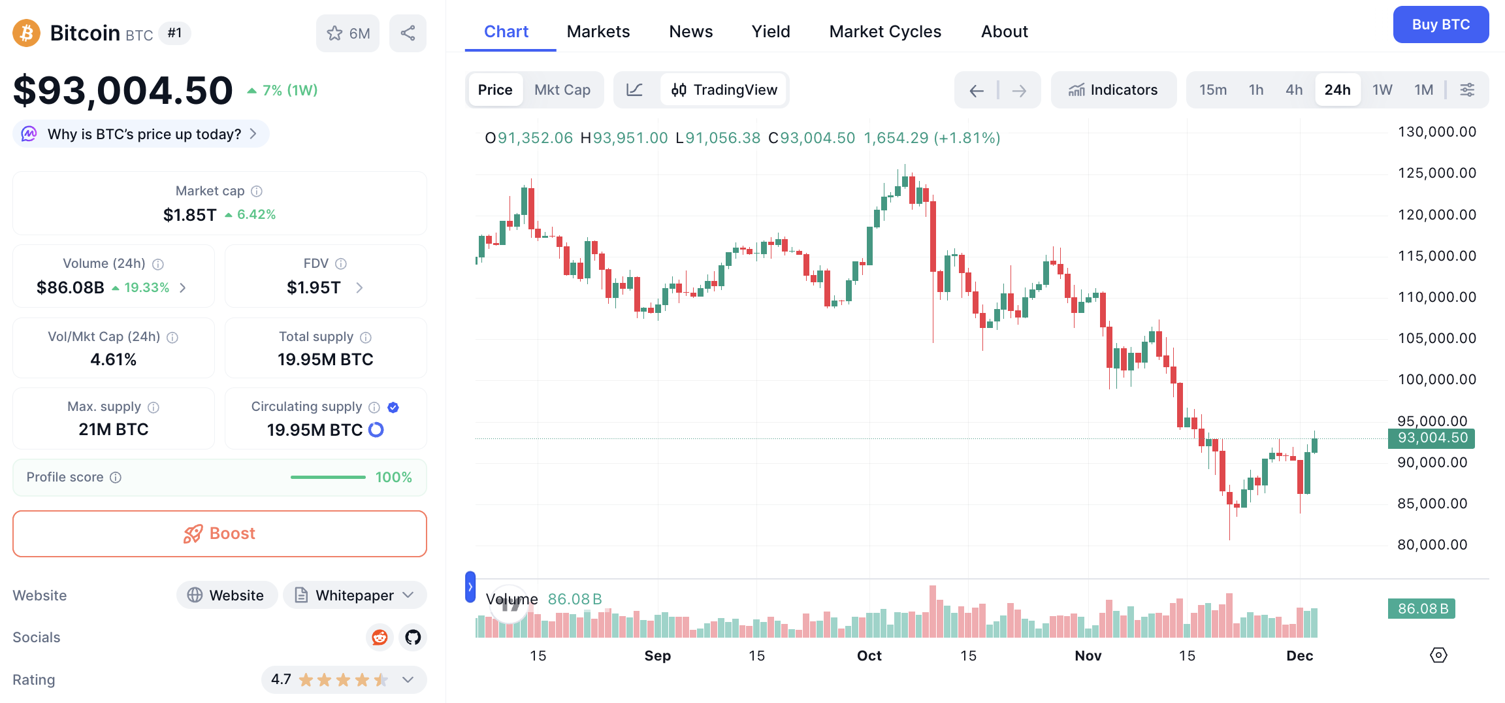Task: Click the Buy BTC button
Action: tap(1440, 25)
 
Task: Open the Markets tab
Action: tap(598, 31)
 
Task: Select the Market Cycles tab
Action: tap(884, 31)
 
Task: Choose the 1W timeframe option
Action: tap(1382, 90)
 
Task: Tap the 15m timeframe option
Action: tap(1212, 90)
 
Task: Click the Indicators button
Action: tap(1113, 90)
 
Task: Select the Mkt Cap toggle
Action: tap(562, 90)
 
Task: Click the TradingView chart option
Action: tap(724, 90)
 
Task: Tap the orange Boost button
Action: tap(219, 534)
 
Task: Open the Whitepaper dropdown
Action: tap(355, 595)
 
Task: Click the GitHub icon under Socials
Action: tap(413, 637)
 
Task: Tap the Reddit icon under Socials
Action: tap(380, 637)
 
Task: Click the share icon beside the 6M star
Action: tap(408, 33)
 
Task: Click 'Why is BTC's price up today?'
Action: tap(144, 134)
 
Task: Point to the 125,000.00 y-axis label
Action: tap(1436, 173)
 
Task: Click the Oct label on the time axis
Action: tap(869, 655)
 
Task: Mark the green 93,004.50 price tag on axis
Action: tap(1432, 438)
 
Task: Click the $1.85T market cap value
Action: tap(189, 215)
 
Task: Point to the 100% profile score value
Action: tap(393, 478)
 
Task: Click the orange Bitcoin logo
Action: tap(27, 33)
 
